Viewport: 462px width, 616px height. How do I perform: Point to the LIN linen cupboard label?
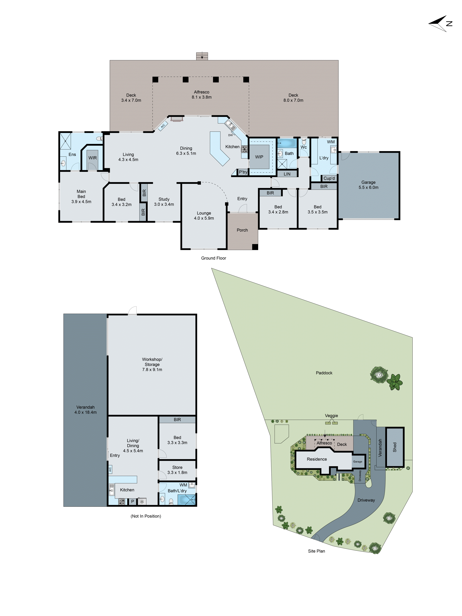[x=287, y=174]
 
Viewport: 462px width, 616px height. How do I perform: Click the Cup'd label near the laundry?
[x=329, y=178]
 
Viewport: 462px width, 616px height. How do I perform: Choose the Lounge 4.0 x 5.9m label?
[x=204, y=216]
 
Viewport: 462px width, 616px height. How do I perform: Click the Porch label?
[x=242, y=230]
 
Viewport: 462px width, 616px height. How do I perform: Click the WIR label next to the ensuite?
[x=92, y=158]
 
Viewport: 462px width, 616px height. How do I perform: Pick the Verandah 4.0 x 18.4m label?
[x=85, y=410]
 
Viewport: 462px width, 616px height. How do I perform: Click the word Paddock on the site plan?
[x=324, y=373]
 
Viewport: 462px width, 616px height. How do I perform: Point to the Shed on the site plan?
[x=395, y=447]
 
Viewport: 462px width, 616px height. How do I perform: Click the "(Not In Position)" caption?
[x=146, y=516]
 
